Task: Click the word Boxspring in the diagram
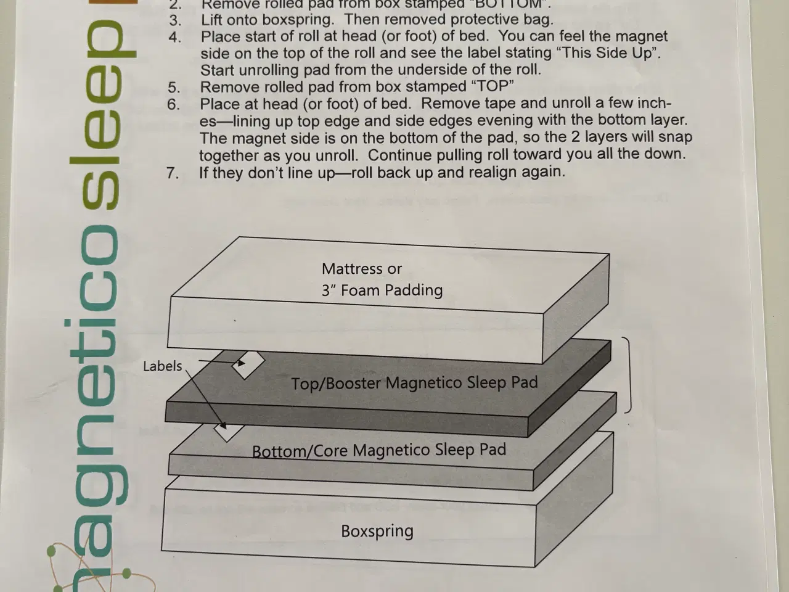[377, 531]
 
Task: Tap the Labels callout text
[162, 366]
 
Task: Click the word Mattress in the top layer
[351, 269]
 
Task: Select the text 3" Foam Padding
[382, 290]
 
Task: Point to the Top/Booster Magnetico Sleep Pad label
[414, 384]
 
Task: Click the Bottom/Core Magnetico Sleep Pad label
[379, 451]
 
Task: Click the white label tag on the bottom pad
[228, 431]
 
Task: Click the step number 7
[173, 173]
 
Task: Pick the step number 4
[174, 37]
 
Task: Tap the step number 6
[174, 104]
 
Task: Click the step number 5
[174, 87]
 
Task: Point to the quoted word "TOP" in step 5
[491, 86]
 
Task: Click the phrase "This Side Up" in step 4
[608, 53]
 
